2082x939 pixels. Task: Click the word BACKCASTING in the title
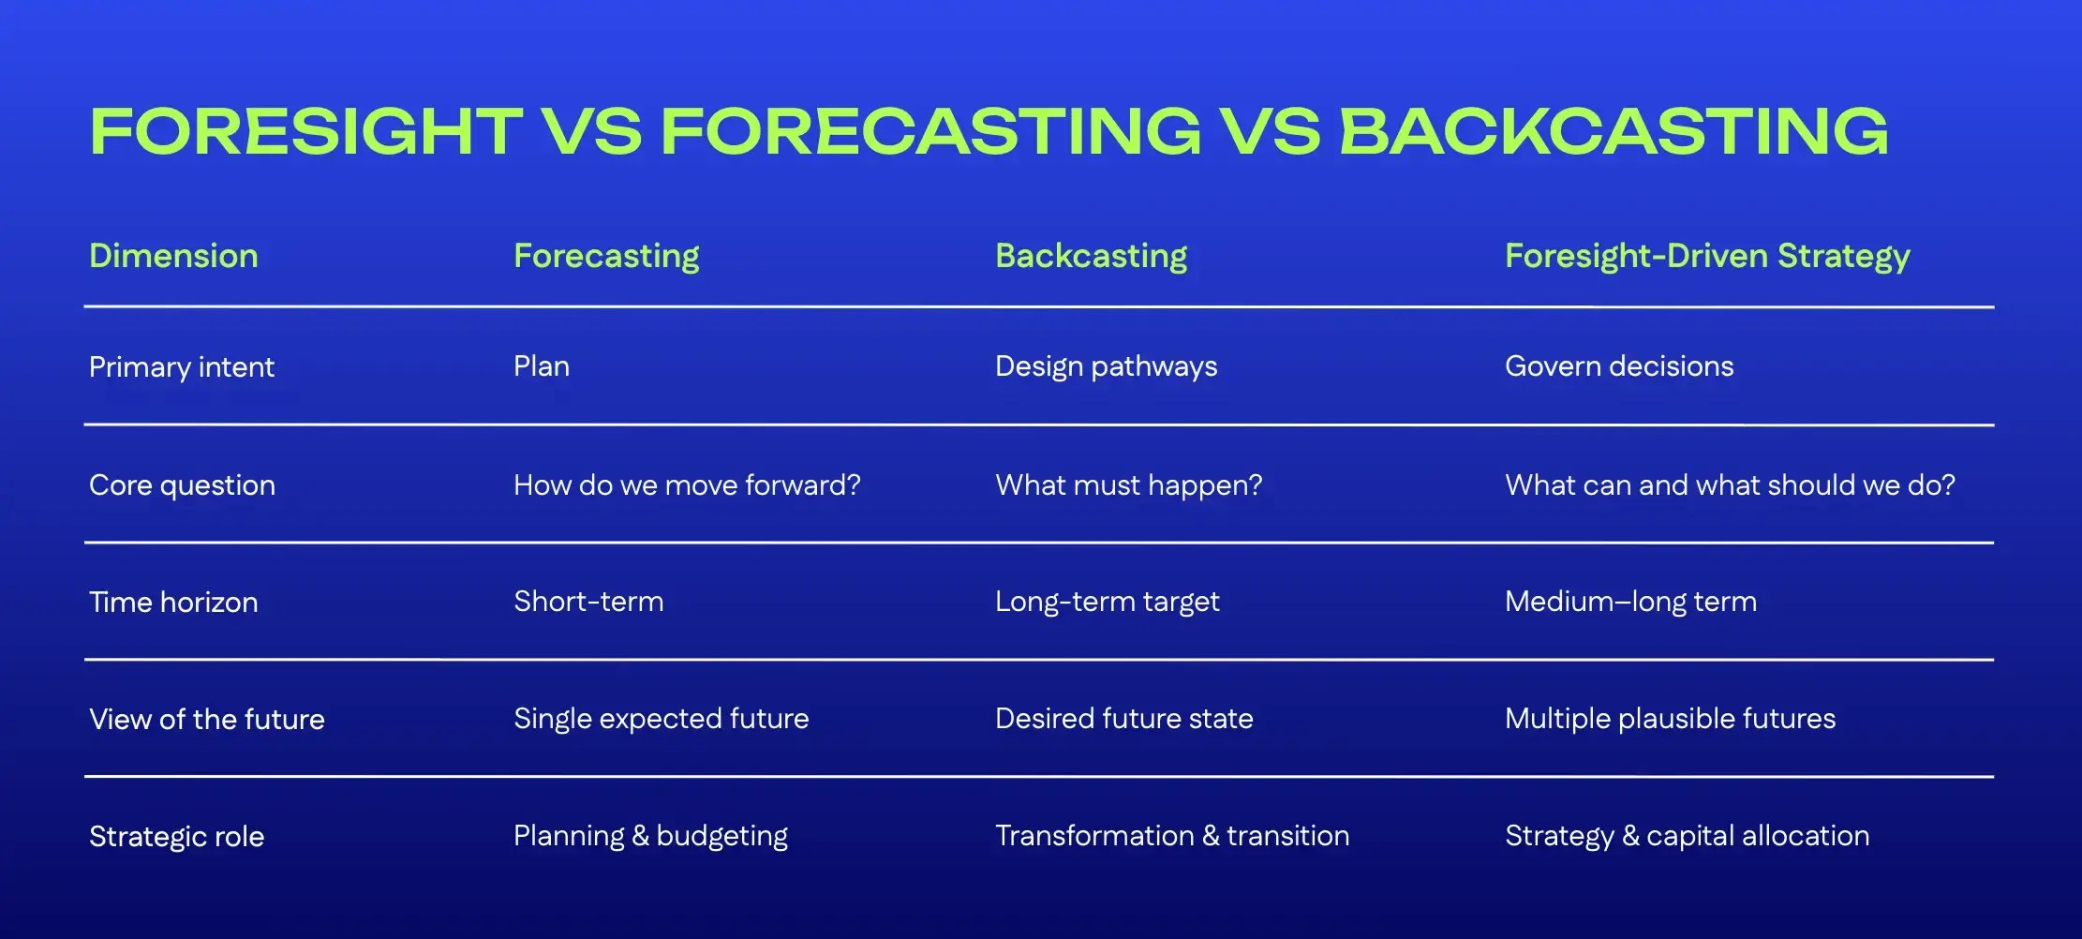pyautogui.click(x=1614, y=131)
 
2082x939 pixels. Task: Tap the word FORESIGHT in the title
pyautogui.click(x=305, y=131)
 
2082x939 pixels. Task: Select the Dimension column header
pyautogui.click(x=173, y=256)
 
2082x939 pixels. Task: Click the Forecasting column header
pyautogui.click(x=606, y=256)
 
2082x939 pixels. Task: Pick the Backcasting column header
pyautogui.click(x=1091, y=256)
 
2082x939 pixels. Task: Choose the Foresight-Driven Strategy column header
pyautogui.click(x=1707, y=256)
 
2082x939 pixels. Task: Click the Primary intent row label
pyautogui.click(x=182, y=366)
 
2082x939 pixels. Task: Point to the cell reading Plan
pyautogui.click(x=542, y=365)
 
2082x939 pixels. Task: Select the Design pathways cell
pyautogui.click(x=1106, y=365)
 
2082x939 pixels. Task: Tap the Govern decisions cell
pyautogui.click(x=1619, y=365)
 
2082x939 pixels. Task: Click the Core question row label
pyautogui.click(x=182, y=484)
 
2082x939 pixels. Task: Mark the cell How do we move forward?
pyautogui.click(x=687, y=484)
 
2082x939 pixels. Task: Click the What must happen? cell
pyautogui.click(x=1128, y=484)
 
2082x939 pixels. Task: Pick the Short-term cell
pyautogui.click(x=588, y=601)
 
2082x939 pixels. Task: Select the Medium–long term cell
pyautogui.click(x=1630, y=601)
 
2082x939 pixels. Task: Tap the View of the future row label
pyautogui.click(x=207, y=719)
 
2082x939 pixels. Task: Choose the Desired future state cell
pyautogui.click(x=1123, y=718)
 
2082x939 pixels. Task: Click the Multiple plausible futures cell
pyautogui.click(x=1670, y=718)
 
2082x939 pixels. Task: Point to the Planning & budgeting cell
pyautogui.click(x=650, y=835)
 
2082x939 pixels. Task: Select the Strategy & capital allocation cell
pyautogui.click(x=1687, y=835)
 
